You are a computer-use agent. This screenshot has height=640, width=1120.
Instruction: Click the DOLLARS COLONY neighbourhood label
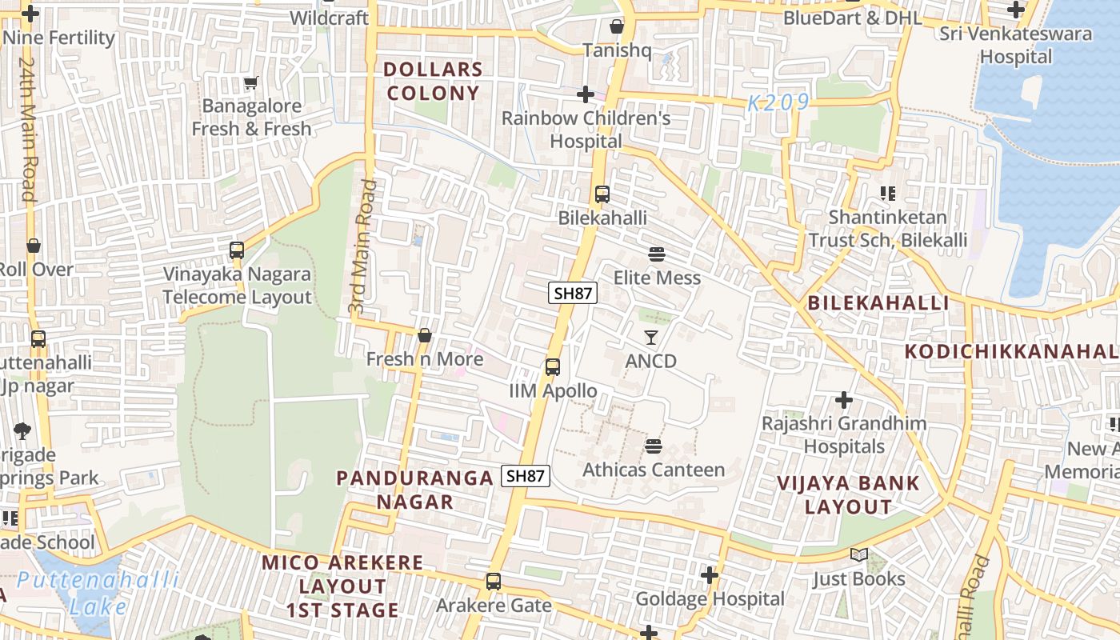click(x=433, y=81)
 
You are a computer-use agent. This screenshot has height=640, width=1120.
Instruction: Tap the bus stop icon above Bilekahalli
click(x=602, y=194)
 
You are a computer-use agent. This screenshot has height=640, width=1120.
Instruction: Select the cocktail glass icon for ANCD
click(x=651, y=338)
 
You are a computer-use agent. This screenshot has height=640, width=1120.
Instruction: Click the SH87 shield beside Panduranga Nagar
click(x=526, y=475)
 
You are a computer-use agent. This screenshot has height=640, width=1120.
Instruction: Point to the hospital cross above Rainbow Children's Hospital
click(x=586, y=94)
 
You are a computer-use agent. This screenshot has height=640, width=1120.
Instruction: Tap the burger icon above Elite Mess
click(x=657, y=254)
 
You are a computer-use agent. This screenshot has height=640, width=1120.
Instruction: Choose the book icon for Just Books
click(x=859, y=555)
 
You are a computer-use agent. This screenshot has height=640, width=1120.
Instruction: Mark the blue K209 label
click(x=778, y=102)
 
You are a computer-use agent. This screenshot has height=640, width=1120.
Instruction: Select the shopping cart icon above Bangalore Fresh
click(x=251, y=82)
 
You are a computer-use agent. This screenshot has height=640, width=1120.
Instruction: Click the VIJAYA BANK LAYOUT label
click(x=848, y=494)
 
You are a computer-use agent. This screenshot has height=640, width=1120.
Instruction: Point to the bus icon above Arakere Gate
click(x=494, y=582)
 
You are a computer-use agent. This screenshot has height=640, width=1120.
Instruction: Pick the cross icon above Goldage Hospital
click(x=710, y=574)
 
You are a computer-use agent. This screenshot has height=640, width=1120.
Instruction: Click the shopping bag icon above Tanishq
click(x=616, y=26)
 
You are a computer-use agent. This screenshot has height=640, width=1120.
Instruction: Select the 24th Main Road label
click(x=27, y=128)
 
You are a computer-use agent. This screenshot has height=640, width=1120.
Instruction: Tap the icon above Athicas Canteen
click(x=654, y=446)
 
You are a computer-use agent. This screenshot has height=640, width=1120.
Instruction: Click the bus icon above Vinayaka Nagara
click(x=236, y=250)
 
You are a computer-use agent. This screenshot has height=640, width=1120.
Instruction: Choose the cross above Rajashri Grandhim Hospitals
click(x=843, y=399)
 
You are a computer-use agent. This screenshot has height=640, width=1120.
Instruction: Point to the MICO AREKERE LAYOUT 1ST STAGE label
click(x=342, y=586)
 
